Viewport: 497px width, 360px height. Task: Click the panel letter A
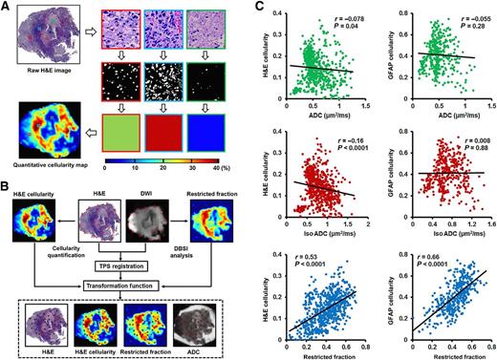coord(7,7)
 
